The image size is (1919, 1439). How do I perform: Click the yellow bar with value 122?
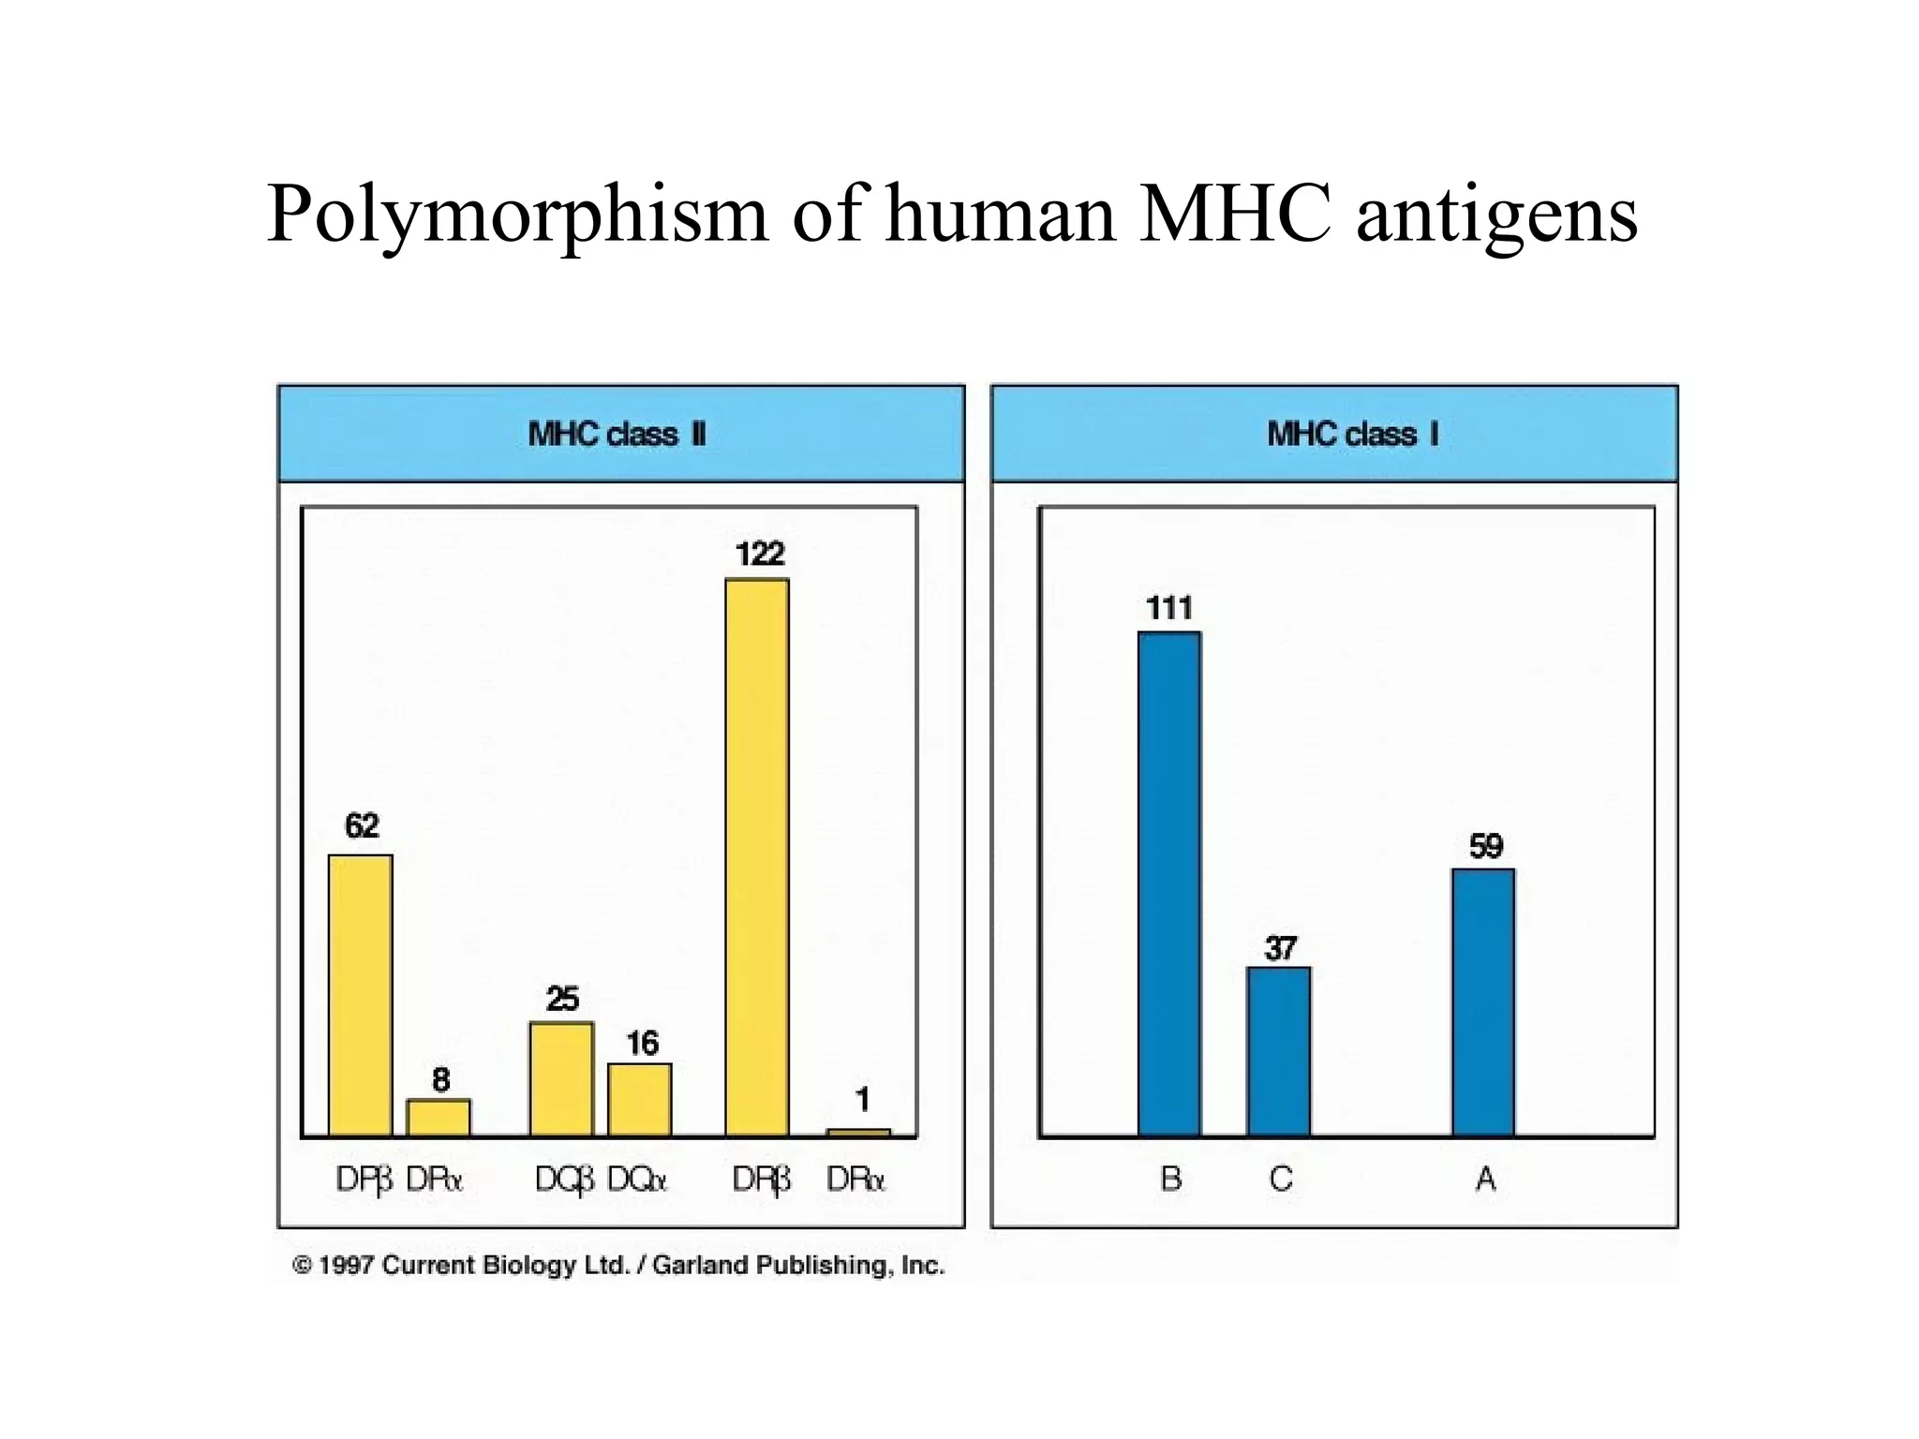tap(757, 857)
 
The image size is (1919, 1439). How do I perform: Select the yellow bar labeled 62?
tap(361, 995)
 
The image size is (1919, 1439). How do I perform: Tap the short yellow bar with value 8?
tap(439, 1118)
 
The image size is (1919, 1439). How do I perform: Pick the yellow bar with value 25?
tap(561, 1079)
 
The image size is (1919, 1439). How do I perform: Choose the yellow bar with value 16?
tap(640, 1100)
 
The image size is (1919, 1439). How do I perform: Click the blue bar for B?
tap(1169, 884)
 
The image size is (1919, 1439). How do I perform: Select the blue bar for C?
tap(1279, 1052)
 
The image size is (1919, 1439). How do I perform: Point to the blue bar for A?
tap(1483, 1002)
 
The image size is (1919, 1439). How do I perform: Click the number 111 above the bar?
tap(1169, 609)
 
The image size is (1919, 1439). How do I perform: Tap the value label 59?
tap(1486, 847)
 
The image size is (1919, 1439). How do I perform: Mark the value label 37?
tap(1281, 949)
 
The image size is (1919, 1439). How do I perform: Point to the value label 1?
tap(862, 1099)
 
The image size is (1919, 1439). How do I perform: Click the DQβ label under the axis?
tap(564, 1179)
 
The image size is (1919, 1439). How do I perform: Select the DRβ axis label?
tap(761, 1179)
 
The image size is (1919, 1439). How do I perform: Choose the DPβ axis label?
tap(364, 1179)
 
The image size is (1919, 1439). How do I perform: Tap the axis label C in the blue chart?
tap(1281, 1179)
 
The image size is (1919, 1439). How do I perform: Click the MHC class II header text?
tap(617, 435)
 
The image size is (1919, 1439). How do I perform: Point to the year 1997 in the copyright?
tap(347, 1266)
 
